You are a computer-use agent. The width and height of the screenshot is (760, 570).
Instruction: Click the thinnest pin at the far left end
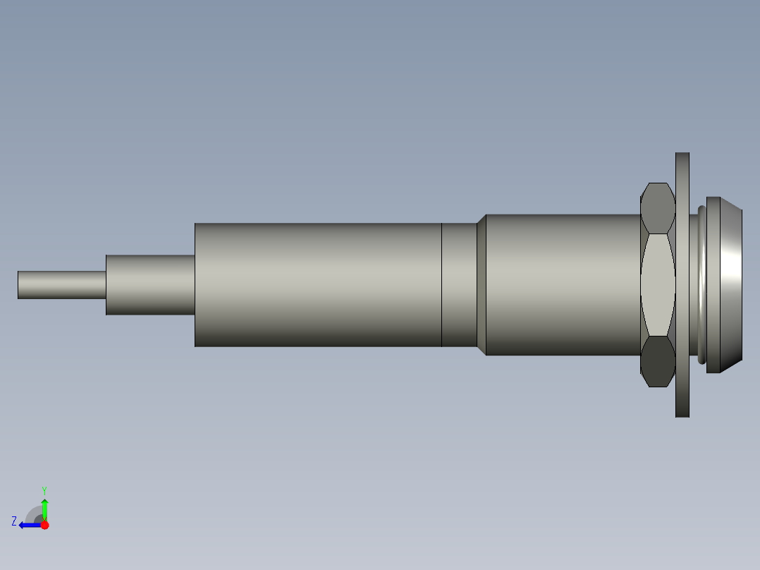click(x=62, y=284)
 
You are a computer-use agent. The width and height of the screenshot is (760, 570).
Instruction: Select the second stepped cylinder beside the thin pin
click(x=150, y=284)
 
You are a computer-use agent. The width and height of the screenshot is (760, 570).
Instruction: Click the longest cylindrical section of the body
click(x=317, y=284)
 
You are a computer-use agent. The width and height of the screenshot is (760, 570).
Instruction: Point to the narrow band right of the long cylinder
click(x=459, y=284)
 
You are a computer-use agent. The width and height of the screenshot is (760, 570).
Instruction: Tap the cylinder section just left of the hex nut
click(x=564, y=284)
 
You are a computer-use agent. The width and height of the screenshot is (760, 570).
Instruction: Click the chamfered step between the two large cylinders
click(x=482, y=284)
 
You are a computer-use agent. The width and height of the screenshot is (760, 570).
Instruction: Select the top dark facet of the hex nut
click(x=658, y=207)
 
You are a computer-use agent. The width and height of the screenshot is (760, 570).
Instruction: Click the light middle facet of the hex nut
click(x=658, y=284)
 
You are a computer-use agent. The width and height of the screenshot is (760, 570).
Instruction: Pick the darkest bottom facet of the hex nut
click(x=658, y=361)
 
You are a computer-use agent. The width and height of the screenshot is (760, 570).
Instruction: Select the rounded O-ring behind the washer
click(x=701, y=284)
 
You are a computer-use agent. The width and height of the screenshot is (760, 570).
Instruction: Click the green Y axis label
click(x=44, y=490)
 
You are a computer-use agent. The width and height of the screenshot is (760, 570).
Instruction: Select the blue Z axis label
click(x=14, y=521)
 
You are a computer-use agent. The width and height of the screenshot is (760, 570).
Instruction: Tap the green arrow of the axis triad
click(x=44, y=507)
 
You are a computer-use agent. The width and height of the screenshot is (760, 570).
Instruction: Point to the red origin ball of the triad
click(x=44, y=525)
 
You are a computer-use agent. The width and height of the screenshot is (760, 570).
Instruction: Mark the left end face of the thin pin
click(x=18, y=284)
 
